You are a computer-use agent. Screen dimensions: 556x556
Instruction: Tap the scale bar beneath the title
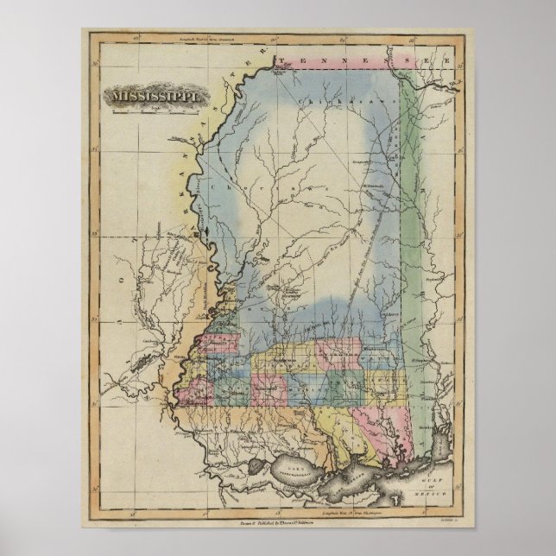click(156, 110)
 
